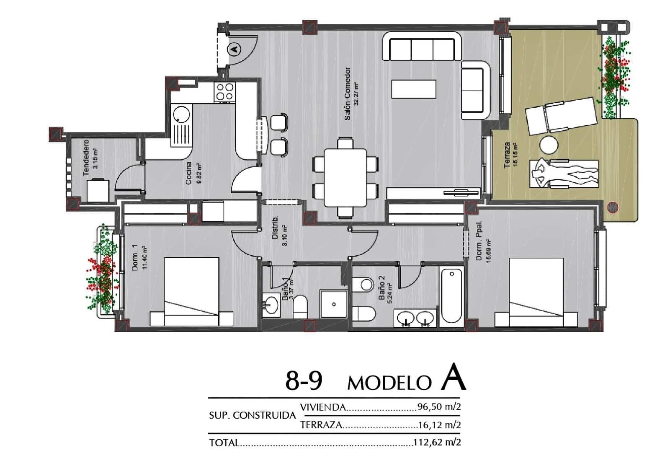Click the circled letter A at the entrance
coord(235,49)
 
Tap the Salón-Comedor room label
coord(348,94)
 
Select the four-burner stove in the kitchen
coord(224,92)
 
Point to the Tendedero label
coord(86,158)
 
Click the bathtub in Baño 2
coord(451,295)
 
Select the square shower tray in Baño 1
coord(333,304)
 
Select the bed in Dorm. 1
coord(191,292)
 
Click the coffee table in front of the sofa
coord(414,89)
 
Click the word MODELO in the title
coord(389,383)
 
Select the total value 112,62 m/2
coord(437,442)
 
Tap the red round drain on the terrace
coord(612,207)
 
